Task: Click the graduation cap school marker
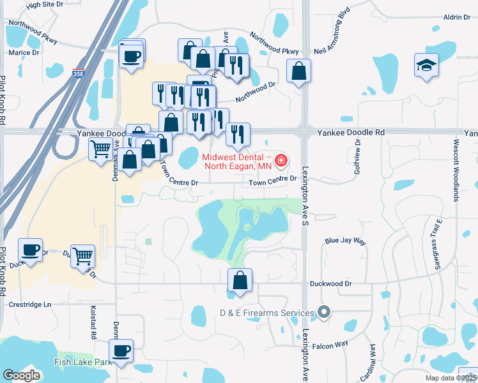[x=426, y=66]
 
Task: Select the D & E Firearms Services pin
[x=324, y=313]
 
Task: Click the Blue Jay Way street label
[x=345, y=241]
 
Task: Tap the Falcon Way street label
[x=330, y=345]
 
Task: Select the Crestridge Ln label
[x=29, y=304]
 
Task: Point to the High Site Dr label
[x=45, y=4]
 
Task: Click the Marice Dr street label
[x=22, y=52]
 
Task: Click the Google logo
[x=21, y=375]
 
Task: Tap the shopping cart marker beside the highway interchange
[x=101, y=151]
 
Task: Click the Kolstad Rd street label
[x=93, y=323]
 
